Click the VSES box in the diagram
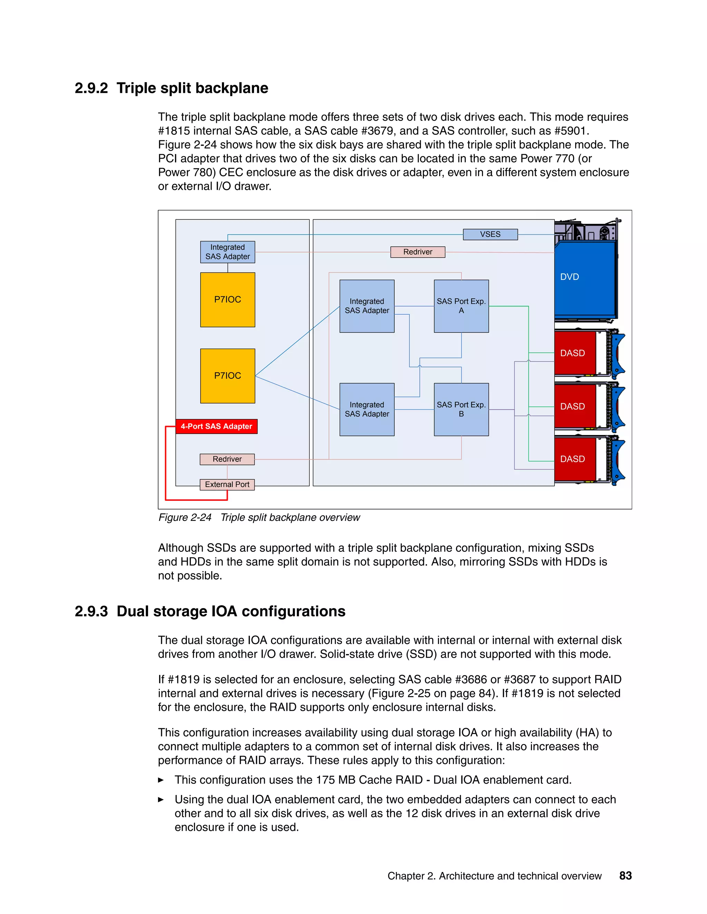click(x=490, y=234)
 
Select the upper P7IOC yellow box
click(x=227, y=300)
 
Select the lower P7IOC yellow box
click(x=227, y=376)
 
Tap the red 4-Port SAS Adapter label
click(x=216, y=426)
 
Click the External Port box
click(x=227, y=485)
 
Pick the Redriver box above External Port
click(x=227, y=459)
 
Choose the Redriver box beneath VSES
click(x=418, y=252)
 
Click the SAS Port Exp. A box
click(x=461, y=306)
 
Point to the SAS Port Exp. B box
click(x=461, y=409)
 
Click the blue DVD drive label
click(x=570, y=277)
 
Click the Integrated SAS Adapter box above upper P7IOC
click(x=227, y=252)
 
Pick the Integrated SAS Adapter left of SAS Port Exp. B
click(x=367, y=409)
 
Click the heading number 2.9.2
click(x=91, y=88)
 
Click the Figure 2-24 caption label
click(x=185, y=518)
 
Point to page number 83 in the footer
click(x=625, y=876)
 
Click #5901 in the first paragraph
click(x=571, y=131)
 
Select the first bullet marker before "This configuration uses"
click(x=161, y=780)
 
